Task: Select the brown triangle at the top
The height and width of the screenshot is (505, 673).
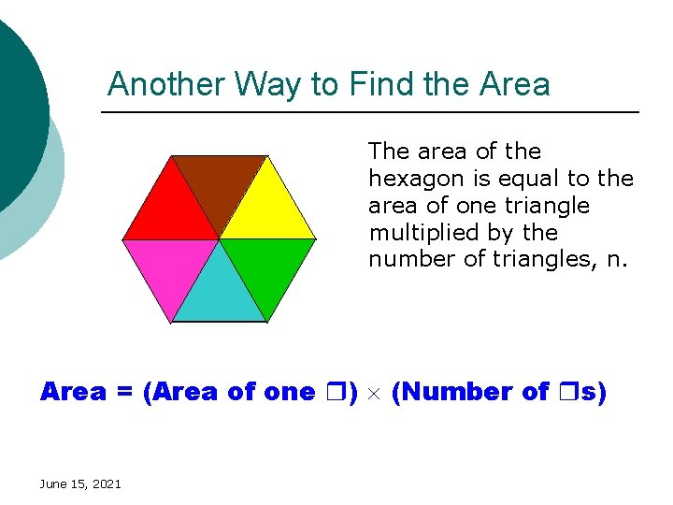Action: tap(220, 180)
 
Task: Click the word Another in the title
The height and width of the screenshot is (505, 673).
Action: tap(166, 84)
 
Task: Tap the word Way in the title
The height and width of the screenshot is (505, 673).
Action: tap(272, 84)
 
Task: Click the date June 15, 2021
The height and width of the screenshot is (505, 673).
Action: tap(80, 483)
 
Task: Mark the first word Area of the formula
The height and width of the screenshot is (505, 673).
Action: tap(73, 392)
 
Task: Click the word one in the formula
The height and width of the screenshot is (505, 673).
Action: tap(289, 392)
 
